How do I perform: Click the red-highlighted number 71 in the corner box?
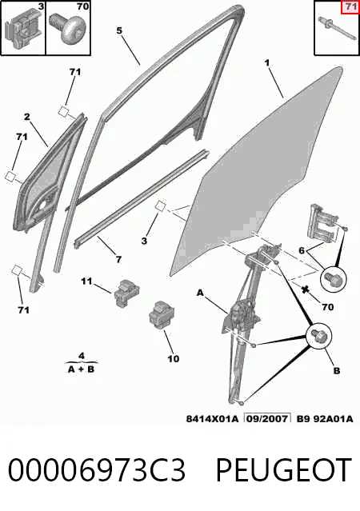click(350, 7)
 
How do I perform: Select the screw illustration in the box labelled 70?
click(68, 29)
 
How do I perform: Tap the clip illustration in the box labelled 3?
click(24, 30)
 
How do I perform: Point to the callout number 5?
click(119, 30)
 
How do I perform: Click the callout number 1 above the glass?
click(267, 63)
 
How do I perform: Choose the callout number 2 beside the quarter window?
click(27, 116)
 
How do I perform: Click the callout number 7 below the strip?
click(118, 259)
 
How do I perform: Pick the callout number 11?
click(86, 281)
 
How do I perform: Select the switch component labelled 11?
click(127, 293)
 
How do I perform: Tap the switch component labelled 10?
click(161, 315)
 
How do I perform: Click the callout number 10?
click(174, 359)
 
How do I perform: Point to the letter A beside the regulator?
click(200, 293)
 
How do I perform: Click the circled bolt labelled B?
click(318, 336)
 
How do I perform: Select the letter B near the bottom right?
click(337, 370)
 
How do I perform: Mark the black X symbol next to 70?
click(306, 289)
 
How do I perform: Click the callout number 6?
click(302, 250)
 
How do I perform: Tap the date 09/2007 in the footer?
click(268, 419)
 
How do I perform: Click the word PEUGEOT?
click(283, 470)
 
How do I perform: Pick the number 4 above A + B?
click(82, 355)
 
